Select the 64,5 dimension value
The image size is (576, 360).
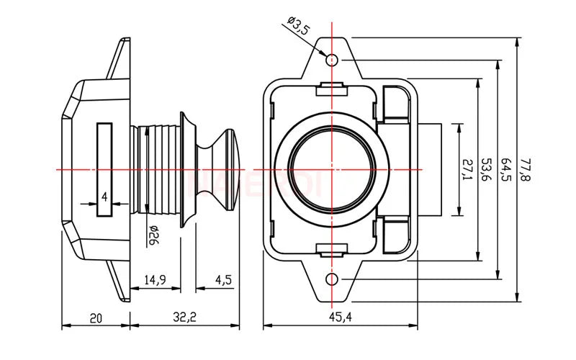tap(506, 169)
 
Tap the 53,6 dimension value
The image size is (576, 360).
tap(486, 169)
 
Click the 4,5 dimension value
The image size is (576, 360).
tap(222, 280)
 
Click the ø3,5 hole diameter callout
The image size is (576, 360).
tap(298, 29)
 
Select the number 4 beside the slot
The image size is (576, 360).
tap(104, 197)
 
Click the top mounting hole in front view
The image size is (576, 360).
tap(332, 59)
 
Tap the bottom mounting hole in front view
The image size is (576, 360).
tap(332, 279)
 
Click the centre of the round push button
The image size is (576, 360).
tap(332, 169)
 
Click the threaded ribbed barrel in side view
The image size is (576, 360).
tap(162, 169)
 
